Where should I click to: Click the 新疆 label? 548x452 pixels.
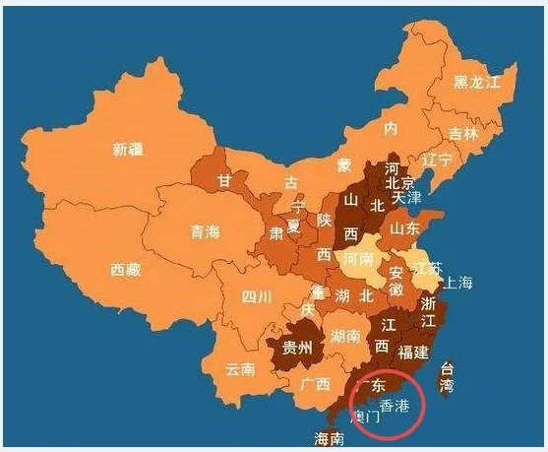(128, 150)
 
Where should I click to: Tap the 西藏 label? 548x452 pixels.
(125, 268)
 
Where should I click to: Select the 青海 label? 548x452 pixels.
(206, 232)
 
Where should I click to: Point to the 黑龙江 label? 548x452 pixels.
(484, 83)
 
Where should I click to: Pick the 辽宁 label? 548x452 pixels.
(436, 159)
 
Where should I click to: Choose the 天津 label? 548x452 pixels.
(406, 198)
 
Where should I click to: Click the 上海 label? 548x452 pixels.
(457, 283)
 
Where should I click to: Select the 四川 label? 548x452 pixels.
(257, 295)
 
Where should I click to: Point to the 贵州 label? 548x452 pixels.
(296, 348)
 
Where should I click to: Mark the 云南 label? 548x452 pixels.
(240, 369)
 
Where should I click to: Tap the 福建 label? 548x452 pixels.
(413, 351)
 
